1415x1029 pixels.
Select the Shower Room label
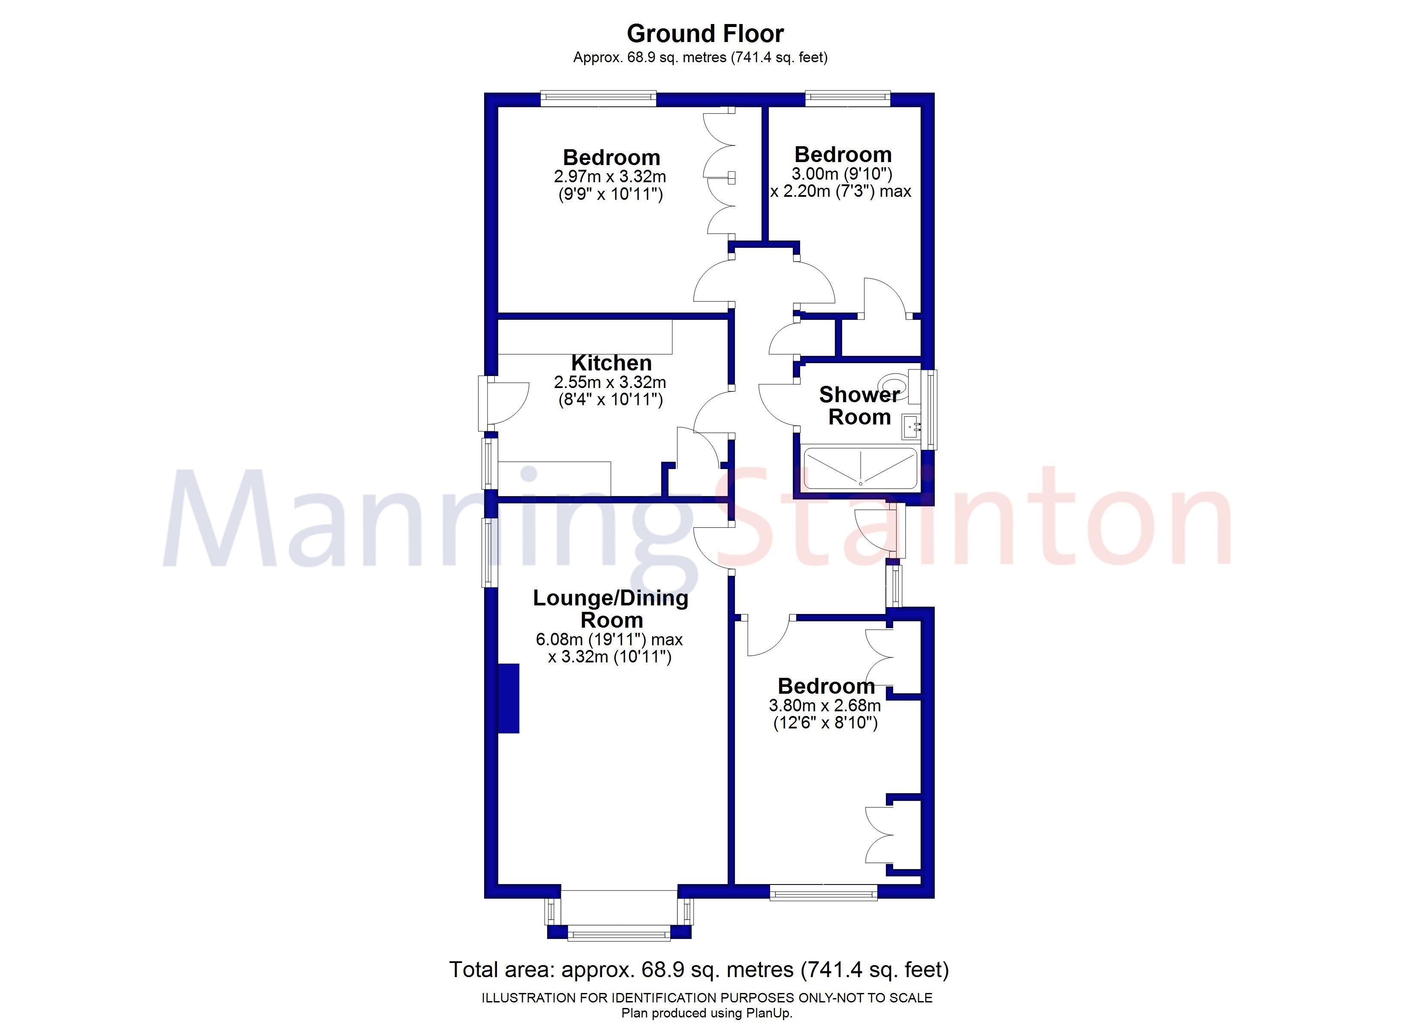pos(859,406)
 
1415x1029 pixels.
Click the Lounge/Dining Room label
pos(610,608)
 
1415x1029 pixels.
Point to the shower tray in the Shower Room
pos(860,468)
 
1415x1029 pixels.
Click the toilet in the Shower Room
pos(895,382)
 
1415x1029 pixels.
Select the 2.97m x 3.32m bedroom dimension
pos(610,177)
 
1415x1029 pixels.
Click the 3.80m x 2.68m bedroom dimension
pos(825,706)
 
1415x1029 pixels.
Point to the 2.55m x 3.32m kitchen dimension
pos(610,382)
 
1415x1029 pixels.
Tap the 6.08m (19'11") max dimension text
pos(609,640)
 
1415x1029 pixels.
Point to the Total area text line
pos(699,970)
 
